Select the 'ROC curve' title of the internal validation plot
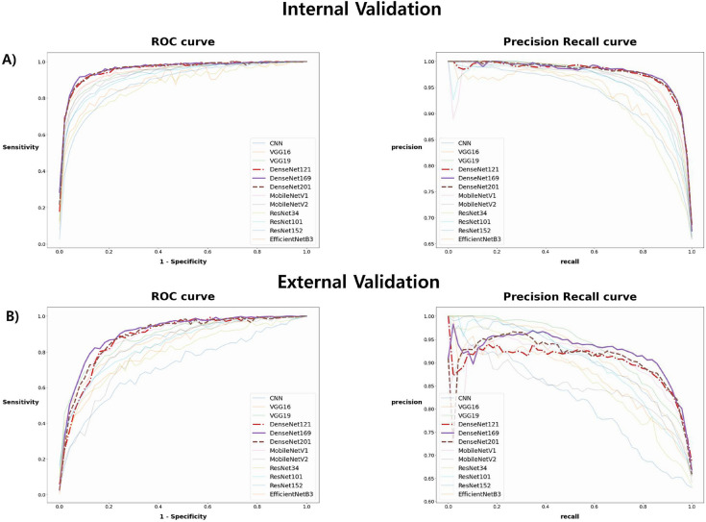(183, 43)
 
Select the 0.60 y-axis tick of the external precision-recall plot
(428, 501)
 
